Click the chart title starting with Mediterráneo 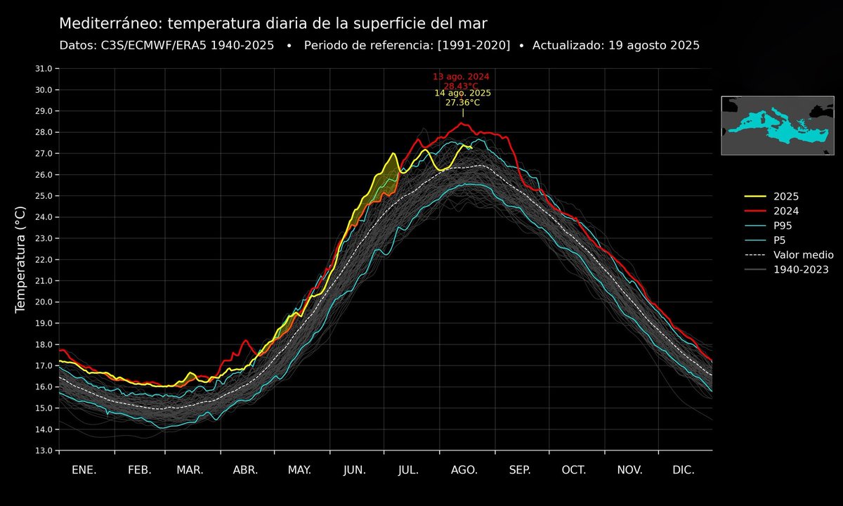(272, 23)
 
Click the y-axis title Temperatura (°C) (20, 259)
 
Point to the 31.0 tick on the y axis (44, 69)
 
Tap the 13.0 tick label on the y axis (44, 450)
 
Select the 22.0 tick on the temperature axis (44, 259)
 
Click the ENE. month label (84, 470)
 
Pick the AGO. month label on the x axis (464, 470)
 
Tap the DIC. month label (684, 470)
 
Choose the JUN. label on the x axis (355, 470)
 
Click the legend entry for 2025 (785, 197)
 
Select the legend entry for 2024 (785, 211)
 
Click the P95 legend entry (784, 226)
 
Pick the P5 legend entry (780, 240)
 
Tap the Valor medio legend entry (803, 254)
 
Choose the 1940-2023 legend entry (801, 269)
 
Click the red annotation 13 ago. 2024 (461, 76)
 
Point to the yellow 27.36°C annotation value (462, 103)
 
